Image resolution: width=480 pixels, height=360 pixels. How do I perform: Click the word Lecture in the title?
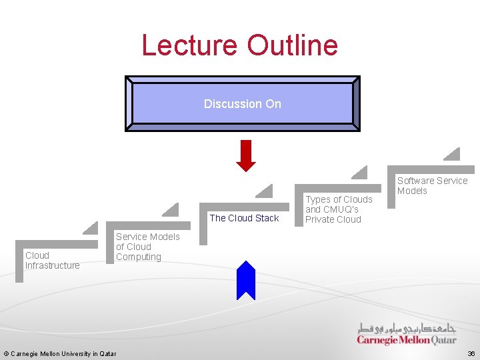click(191, 45)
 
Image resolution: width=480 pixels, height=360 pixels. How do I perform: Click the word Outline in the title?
click(293, 45)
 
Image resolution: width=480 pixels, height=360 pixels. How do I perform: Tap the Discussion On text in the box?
click(243, 104)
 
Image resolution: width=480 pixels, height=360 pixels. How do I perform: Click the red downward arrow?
click(247, 155)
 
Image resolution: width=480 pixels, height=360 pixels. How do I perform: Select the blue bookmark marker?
click(246, 279)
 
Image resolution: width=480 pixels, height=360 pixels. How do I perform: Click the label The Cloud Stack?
click(244, 218)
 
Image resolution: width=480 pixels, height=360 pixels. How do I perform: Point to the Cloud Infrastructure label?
click(52, 260)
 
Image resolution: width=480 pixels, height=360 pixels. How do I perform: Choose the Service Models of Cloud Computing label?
click(147, 247)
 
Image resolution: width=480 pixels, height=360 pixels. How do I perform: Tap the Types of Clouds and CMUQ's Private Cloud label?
click(339, 209)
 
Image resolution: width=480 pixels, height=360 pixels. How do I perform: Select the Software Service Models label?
click(432, 185)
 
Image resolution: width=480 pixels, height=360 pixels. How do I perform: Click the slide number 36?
click(471, 353)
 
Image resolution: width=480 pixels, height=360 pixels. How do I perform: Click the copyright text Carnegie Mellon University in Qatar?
click(59, 353)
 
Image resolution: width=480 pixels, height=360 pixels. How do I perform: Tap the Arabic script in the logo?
click(407, 329)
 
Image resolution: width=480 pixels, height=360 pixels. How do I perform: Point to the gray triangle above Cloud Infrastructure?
click(91, 229)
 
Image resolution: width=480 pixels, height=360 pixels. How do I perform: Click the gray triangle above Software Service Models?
click(453, 155)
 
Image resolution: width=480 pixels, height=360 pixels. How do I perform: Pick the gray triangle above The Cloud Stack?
click(265, 191)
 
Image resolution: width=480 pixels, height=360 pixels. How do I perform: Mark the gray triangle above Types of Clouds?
click(360, 173)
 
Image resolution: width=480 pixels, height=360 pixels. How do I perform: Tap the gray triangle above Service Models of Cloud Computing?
click(171, 210)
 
